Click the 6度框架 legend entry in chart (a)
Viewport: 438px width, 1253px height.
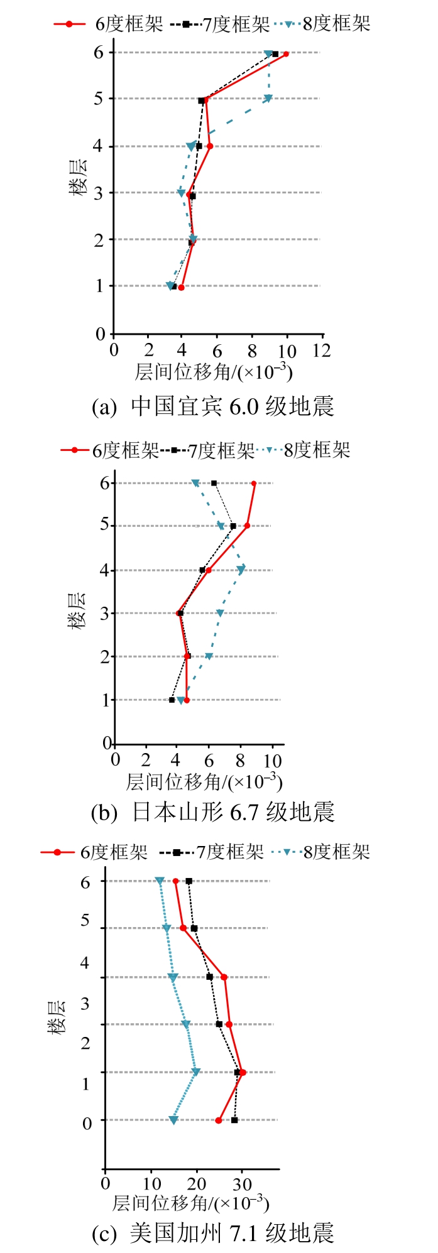(108, 24)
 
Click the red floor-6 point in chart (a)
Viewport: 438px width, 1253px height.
(286, 54)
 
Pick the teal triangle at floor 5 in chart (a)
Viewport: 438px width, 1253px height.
(268, 99)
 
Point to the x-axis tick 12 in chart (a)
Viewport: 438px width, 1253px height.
(322, 350)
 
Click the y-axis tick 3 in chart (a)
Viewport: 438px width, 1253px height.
(99, 193)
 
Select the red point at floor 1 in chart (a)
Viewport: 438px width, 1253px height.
(181, 288)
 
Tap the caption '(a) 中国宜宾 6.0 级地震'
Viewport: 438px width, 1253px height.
(213, 407)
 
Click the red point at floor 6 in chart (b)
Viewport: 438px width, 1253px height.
(254, 484)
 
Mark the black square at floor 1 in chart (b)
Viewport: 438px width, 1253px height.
(172, 700)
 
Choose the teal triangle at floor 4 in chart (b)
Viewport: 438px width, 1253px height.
(241, 570)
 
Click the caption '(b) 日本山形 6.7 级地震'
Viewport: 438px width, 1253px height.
(213, 812)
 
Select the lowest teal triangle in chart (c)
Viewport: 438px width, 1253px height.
(173, 1120)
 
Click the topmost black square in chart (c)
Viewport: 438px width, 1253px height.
(189, 881)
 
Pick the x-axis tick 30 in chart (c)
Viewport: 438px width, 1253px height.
(242, 1184)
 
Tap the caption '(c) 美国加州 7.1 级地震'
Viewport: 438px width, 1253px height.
(213, 1232)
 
